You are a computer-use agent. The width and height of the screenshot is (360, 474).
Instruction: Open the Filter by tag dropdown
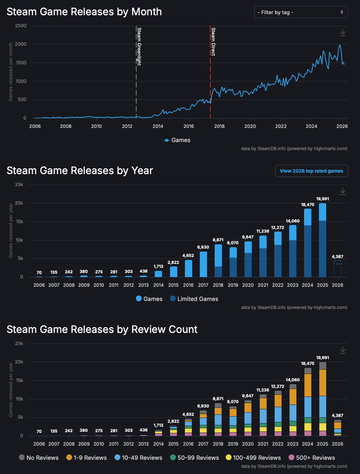(301, 12)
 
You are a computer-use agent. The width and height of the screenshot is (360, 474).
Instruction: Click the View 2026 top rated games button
(311, 171)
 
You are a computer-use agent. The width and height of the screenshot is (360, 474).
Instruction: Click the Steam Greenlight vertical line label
(139, 46)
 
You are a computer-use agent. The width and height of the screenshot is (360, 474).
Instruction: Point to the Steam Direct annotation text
(213, 41)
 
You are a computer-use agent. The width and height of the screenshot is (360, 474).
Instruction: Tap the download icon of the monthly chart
(343, 33)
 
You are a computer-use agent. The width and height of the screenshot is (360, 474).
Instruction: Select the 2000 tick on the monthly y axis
(20, 44)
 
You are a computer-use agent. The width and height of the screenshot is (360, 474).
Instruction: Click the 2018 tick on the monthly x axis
(219, 126)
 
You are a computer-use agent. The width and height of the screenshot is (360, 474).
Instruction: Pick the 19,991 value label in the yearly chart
(323, 199)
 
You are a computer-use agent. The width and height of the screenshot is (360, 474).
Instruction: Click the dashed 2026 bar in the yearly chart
(337, 269)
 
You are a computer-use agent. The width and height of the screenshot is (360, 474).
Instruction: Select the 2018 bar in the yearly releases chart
(218, 261)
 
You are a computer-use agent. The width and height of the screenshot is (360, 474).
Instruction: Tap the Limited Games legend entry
(194, 299)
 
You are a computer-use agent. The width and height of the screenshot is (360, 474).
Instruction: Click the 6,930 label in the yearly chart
(203, 247)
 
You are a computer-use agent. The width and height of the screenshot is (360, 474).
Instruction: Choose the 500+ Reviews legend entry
(312, 458)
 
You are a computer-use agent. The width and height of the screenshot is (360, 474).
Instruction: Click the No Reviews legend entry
(39, 458)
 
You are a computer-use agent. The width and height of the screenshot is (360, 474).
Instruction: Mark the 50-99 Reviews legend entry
(194, 458)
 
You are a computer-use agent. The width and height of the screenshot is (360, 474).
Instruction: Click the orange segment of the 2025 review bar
(323, 382)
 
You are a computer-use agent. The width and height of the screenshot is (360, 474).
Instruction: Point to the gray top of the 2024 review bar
(308, 371)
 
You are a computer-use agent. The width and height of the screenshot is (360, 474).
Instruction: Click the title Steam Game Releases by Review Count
(102, 329)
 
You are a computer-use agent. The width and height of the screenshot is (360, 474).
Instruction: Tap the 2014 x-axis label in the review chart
(158, 444)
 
